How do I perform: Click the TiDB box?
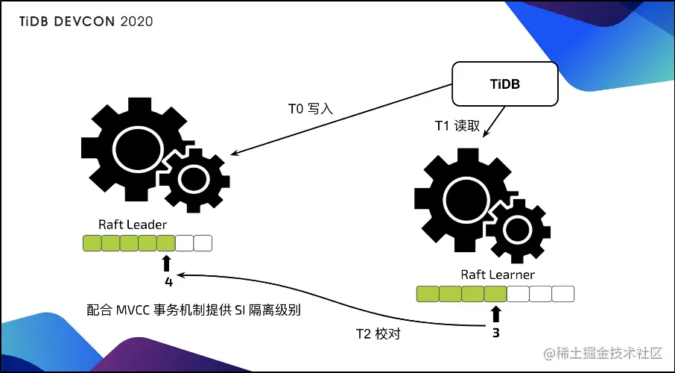tap(505, 84)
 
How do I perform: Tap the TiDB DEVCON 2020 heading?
tap(86, 22)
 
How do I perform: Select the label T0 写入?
tap(310, 108)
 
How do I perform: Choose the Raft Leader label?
tap(133, 224)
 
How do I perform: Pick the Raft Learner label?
tap(497, 275)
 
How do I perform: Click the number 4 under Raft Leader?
tap(168, 282)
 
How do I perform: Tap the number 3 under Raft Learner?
tap(495, 333)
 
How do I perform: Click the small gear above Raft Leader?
tap(192, 178)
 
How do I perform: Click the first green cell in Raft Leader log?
tap(92, 242)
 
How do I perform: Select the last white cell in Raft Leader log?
tap(203, 242)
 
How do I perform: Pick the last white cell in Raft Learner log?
tap(563, 294)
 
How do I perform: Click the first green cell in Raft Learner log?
tap(427, 294)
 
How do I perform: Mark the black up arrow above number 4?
tap(166, 263)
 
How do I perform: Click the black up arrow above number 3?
tap(495, 313)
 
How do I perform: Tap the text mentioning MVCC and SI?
tap(193, 309)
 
